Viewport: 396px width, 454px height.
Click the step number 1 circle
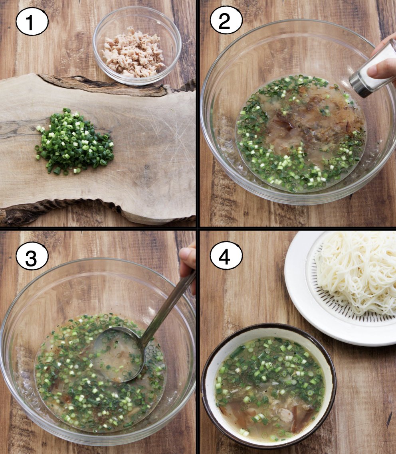coord(32,22)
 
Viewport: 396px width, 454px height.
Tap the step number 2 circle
coord(226,20)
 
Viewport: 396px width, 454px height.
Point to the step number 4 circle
coord(226,255)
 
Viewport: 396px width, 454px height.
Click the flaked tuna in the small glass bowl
coord(133,53)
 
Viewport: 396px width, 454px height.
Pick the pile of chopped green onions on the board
coord(74,142)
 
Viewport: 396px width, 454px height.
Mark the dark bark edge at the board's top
coord(104,85)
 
